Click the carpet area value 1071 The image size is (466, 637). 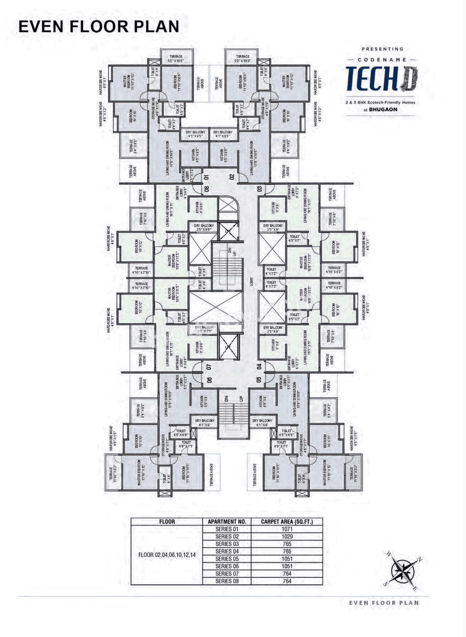[x=287, y=529]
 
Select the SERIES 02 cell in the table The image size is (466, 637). [x=227, y=536]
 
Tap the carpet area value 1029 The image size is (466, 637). [x=287, y=536]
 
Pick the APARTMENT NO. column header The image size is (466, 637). [x=227, y=522]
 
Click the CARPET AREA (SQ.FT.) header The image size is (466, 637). [x=287, y=522]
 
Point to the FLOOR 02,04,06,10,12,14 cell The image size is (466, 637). [x=167, y=555]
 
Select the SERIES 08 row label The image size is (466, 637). [x=227, y=581]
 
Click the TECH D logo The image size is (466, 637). [x=381, y=78]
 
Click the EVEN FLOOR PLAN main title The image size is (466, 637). [x=99, y=27]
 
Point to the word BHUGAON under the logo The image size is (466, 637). [x=383, y=109]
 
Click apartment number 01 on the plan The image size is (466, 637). [x=206, y=177]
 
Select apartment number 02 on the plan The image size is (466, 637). [x=232, y=177]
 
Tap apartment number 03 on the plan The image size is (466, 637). [x=260, y=189]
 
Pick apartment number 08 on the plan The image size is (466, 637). [x=206, y=189]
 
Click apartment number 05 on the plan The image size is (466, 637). [x=259, y=379]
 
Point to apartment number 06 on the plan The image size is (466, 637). [x=210, y=380]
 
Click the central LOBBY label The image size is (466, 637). [x=251, y=281]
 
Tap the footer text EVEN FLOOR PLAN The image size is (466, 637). [x=384, y=603]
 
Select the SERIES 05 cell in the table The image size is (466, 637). [x=227, y=559]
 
